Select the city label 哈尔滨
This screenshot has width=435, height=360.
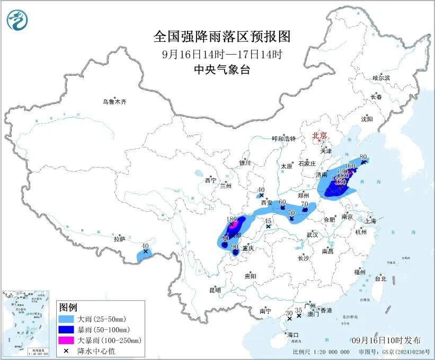tap(380, 78)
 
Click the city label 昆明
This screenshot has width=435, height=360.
tap(215, 290)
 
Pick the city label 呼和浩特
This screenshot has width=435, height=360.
tap(285, 138)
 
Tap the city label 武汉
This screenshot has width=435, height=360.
tap(312, 234)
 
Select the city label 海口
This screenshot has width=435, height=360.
tap(293, 335)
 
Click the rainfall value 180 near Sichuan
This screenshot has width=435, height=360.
tap(232, 218)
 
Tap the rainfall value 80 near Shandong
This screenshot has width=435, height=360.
tap(363, 157)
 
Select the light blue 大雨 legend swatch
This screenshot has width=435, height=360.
tap(68, 320)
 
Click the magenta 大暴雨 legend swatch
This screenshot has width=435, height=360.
tap(68, 340)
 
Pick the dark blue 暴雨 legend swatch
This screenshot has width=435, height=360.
tap(68, 330)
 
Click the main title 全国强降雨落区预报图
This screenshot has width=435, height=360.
tap(222, 37)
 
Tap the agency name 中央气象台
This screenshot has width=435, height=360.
tap(222, 69)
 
